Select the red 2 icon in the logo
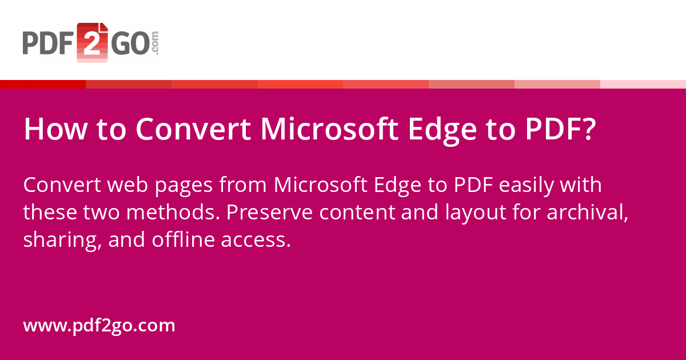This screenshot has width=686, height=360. coord(92,42)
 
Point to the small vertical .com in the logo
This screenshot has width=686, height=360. coord(155,43)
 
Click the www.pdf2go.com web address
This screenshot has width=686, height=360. coord(99,326)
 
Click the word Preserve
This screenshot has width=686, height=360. coord(269,213)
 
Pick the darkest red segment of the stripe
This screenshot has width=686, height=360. coord(43,85)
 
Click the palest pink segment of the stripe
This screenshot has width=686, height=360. coord(643,85)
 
